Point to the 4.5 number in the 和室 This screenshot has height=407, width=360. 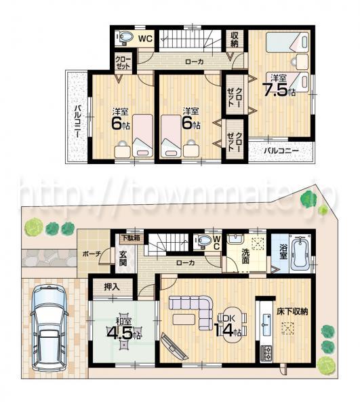coord(120,334)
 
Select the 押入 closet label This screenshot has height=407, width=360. coord(112,288)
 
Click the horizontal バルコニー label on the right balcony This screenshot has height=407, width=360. coord(281,150)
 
